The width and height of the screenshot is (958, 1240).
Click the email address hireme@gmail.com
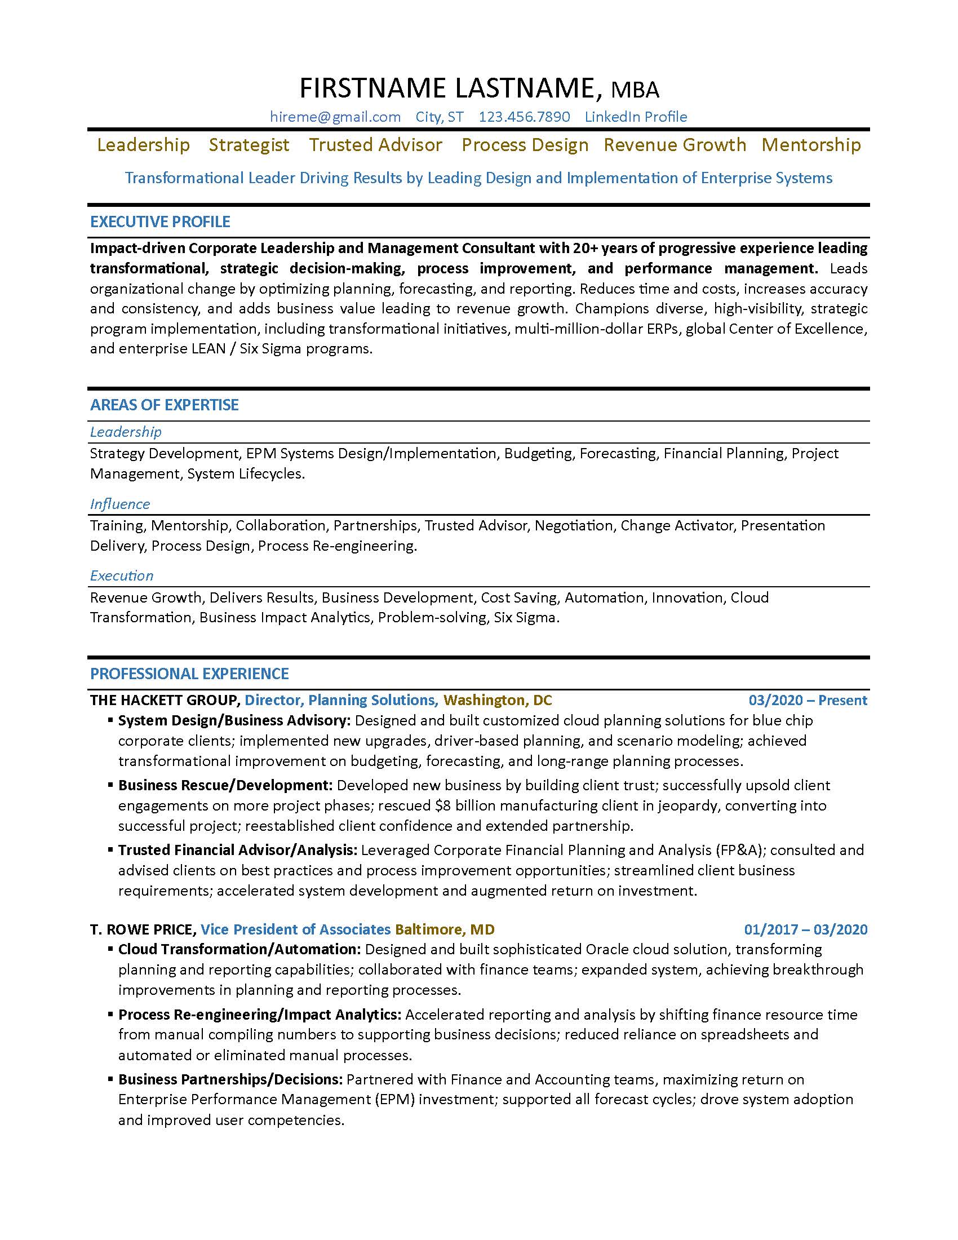point(335,117)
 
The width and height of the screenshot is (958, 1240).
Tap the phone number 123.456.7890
point(524,117)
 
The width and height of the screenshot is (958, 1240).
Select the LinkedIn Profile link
point(636,117)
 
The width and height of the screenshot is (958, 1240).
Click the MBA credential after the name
point(635,90)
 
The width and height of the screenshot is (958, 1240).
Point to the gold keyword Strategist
point(249,145)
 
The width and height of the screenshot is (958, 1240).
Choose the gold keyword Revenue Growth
point(675,145)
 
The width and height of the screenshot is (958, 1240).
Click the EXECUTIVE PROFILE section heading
point(160,222)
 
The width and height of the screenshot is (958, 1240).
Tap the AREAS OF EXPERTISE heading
point(165,405)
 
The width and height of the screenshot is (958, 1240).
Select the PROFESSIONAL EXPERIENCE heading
point(189,674)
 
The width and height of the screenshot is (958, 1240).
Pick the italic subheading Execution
point(122,575)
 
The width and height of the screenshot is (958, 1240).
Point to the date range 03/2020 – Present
point(808,700)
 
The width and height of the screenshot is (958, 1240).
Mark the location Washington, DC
point(497,700)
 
